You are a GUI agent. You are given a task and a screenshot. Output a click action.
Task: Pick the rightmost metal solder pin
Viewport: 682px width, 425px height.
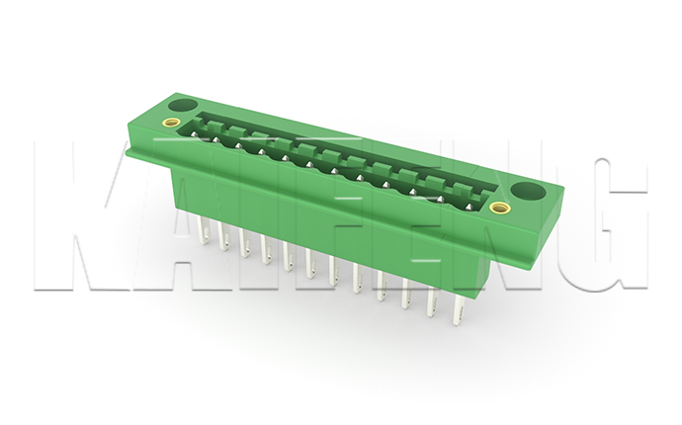click(460, 309)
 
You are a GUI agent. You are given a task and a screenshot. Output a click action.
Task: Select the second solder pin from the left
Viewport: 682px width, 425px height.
click(223, 237)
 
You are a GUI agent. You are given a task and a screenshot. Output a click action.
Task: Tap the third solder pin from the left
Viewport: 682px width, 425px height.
click(245, 243)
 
